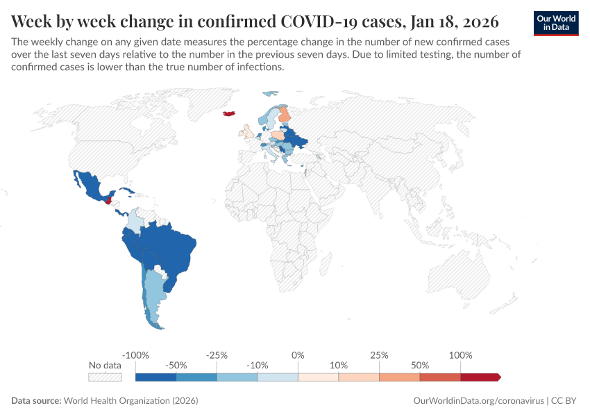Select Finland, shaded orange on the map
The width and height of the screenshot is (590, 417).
[284, 114]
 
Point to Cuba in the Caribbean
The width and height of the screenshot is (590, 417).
[126, 190]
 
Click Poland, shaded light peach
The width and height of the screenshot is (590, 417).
[277, 136]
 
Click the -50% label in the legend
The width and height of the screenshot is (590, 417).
[176, 366]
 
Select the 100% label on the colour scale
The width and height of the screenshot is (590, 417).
[460, 355]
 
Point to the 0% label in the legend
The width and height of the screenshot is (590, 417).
[298, 355]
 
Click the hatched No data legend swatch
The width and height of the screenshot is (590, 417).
[105, 377]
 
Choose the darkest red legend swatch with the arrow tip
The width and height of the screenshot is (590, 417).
[480, 377]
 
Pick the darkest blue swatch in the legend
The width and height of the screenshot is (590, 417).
[155, 377]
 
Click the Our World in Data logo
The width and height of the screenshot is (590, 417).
[555, 22]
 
